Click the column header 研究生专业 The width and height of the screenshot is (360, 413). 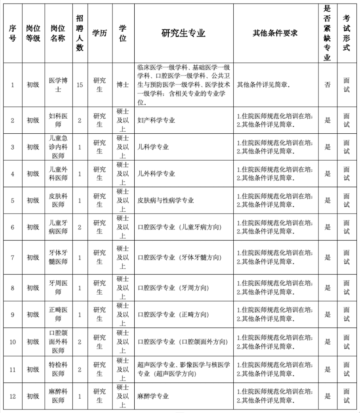183,33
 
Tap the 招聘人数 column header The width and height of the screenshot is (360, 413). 80,33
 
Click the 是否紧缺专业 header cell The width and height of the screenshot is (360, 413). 328,33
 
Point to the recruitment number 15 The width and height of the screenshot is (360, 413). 80,85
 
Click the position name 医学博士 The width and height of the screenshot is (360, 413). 58,85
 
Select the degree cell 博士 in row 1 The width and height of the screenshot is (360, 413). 122,85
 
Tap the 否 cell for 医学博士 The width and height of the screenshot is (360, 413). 328,85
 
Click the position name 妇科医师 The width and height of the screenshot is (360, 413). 58,120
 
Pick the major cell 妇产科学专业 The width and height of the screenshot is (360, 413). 156,120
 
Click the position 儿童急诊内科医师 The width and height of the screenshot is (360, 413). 58,147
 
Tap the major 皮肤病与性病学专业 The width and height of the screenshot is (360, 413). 166,201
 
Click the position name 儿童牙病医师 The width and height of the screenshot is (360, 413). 58,227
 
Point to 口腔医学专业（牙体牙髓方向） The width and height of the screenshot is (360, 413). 179,258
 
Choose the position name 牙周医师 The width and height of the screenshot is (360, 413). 58,288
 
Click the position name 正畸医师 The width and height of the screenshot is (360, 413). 58,314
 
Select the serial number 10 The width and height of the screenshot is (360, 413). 13,342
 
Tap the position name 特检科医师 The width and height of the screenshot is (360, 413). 58,369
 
